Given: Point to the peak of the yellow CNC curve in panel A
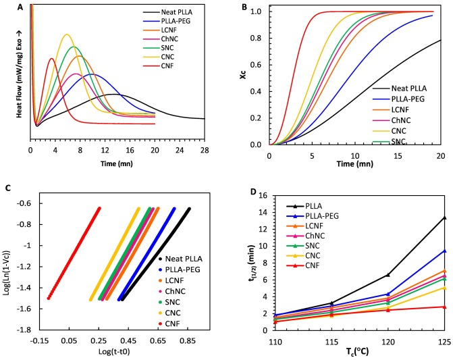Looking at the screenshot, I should point(66,34).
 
